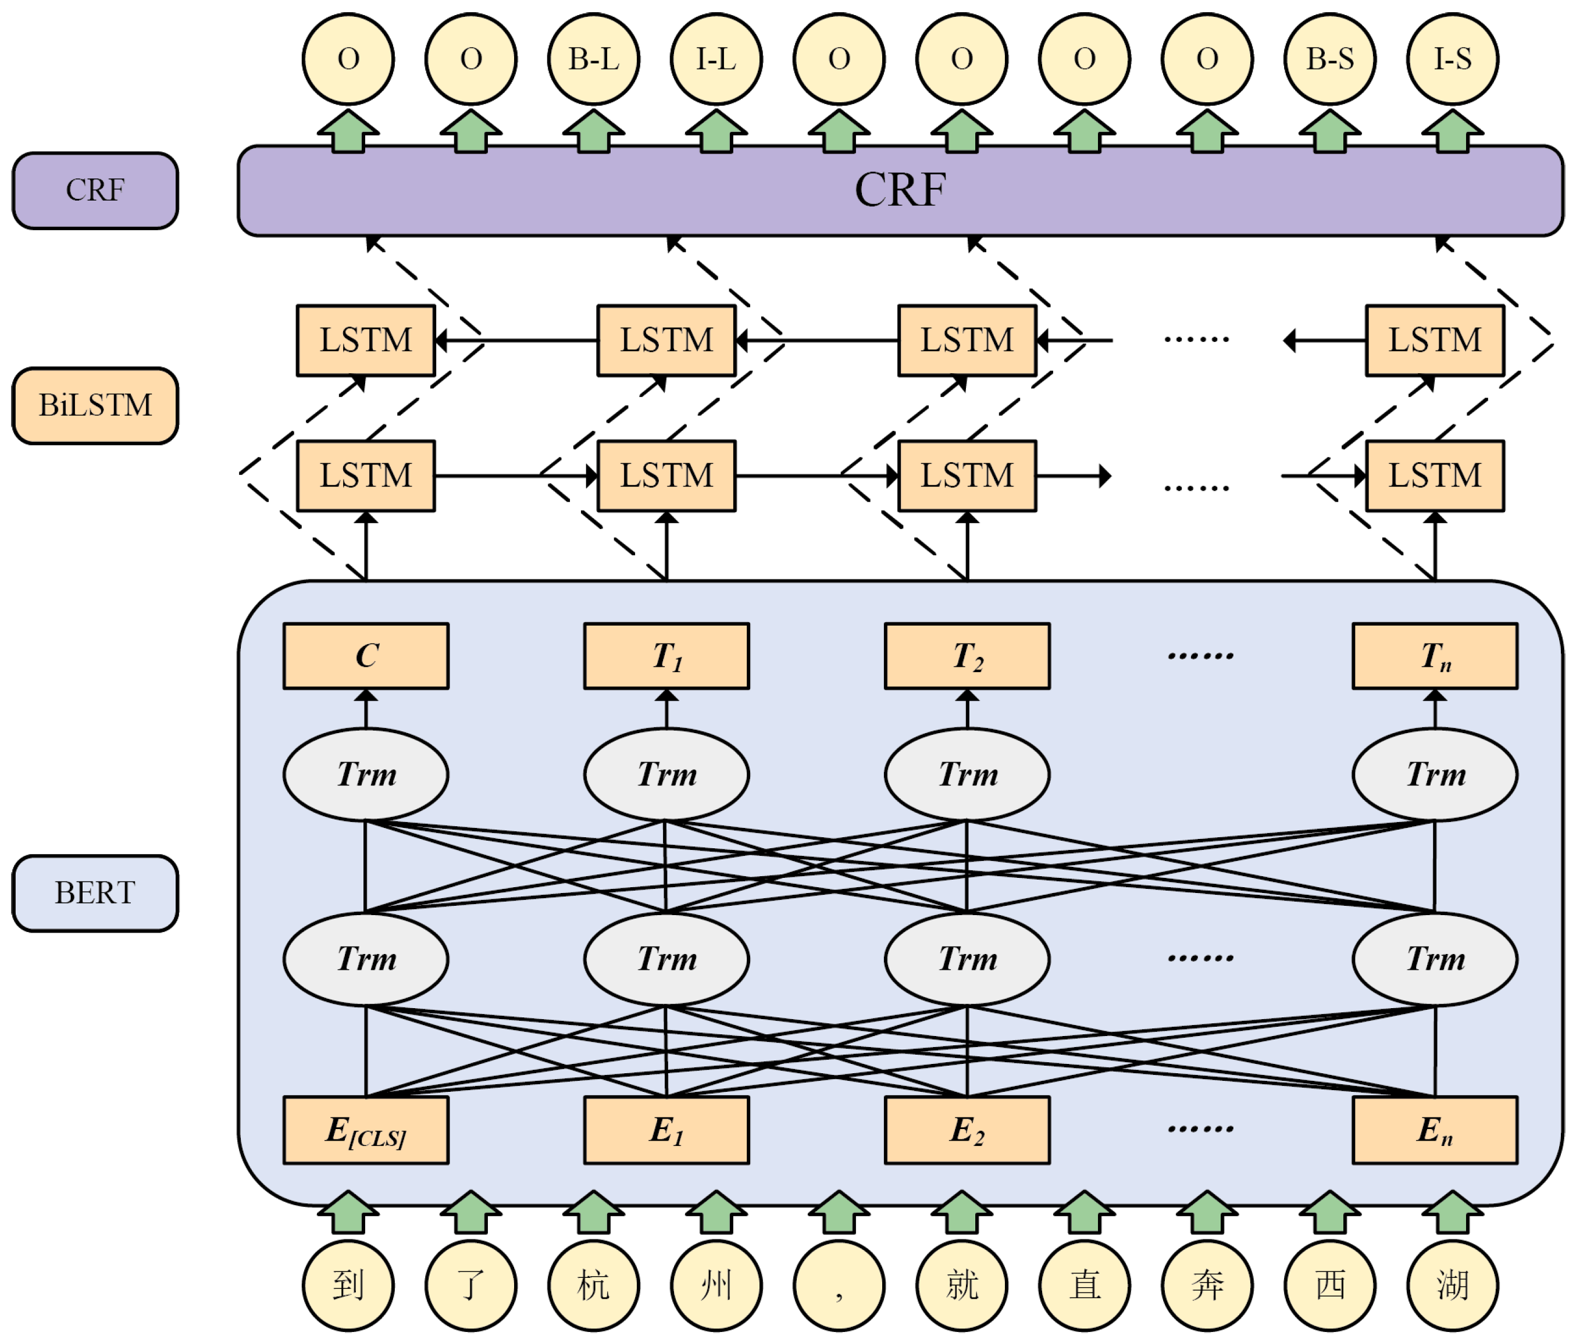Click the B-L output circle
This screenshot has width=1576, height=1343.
593,59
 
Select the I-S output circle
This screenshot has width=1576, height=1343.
1452,59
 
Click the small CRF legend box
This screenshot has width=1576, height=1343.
95,190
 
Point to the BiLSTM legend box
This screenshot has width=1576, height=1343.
95,405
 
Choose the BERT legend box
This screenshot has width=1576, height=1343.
95,893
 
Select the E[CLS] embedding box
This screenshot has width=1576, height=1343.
366,1130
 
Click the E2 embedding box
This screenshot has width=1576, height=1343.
967,1130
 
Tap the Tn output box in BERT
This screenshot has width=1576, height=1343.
1435,656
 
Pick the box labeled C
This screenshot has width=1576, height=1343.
366,656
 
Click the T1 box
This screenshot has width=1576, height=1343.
666,656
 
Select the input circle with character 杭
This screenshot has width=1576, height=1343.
593,1285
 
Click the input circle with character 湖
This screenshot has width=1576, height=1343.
1452,1285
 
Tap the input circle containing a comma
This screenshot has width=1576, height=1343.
839,1285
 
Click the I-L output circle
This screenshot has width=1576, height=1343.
716,59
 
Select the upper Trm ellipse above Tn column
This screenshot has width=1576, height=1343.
1435,774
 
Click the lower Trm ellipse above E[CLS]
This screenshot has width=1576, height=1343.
366,958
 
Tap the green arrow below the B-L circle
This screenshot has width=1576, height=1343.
593,131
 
